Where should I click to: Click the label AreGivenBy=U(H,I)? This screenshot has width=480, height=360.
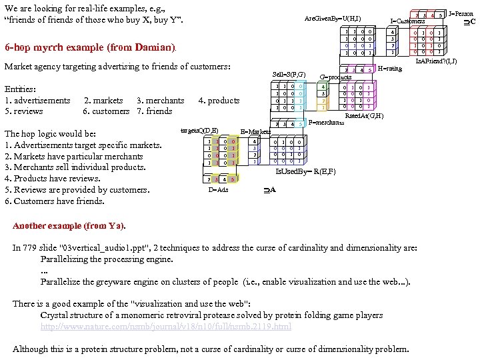333,18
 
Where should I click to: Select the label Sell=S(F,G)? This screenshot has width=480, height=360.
289,74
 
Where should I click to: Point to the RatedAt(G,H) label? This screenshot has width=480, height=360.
363,115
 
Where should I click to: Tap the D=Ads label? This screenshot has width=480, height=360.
218,190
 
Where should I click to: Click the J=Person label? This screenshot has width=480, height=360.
461,13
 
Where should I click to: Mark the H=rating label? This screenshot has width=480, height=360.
389,68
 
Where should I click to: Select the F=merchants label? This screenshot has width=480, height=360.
327,123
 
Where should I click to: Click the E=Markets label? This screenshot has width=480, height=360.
255,132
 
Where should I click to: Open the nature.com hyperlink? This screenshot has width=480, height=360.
165,327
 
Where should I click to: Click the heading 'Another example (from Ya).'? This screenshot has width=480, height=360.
69,225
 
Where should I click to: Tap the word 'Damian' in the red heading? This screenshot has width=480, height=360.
154,48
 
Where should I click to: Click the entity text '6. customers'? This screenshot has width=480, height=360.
106,111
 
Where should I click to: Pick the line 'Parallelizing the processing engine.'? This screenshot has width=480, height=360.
107,259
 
